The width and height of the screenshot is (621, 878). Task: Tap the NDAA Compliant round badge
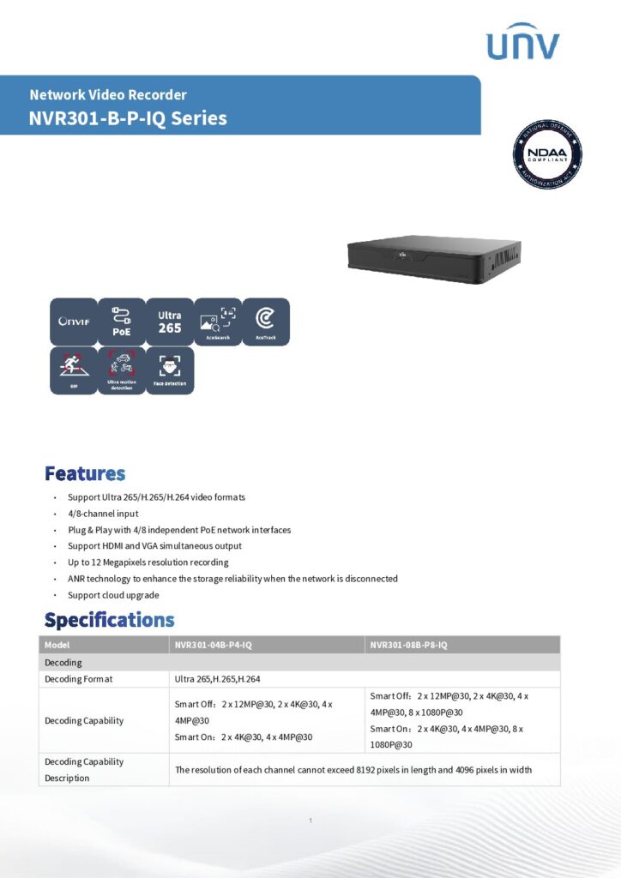546,154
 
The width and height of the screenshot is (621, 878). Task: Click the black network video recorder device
434,258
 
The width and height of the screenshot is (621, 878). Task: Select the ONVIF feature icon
73,322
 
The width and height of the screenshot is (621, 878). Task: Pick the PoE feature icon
121,322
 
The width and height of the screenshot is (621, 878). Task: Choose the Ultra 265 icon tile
170,322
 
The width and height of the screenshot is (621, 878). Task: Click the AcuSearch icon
218,322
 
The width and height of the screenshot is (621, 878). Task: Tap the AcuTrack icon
266,322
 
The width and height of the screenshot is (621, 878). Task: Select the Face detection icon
170,370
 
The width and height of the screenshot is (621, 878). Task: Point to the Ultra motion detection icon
121,370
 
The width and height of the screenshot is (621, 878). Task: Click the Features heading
85,473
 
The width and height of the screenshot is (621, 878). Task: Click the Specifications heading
109,619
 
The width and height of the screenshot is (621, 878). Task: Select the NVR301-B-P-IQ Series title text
128,118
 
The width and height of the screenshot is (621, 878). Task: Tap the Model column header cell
104,645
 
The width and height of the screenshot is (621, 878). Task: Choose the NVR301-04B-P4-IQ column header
266,645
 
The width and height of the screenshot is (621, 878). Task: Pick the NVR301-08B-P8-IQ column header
462,645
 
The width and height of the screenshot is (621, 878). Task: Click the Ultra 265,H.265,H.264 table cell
218,679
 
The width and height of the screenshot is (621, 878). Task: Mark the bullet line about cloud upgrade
113,595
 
